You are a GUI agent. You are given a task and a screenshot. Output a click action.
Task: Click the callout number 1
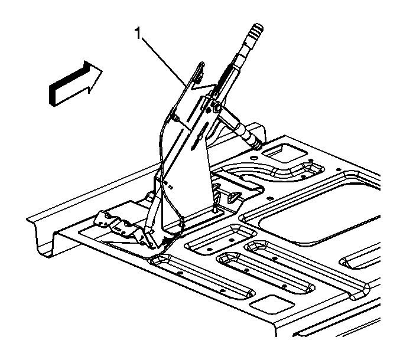(138, 34)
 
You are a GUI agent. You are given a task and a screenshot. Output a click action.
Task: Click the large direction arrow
(76, 84)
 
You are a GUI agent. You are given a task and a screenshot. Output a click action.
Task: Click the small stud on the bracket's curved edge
(176, 117)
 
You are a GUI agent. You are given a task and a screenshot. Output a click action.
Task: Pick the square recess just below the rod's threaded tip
(285, 153)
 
